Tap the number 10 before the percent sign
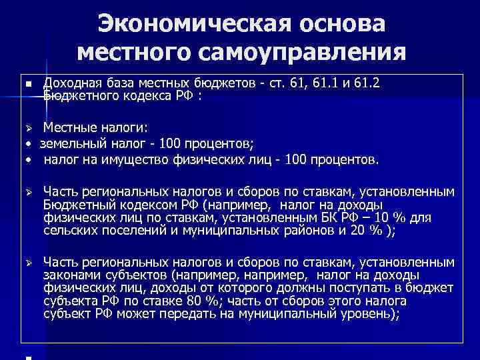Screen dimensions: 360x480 click(383, 218)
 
